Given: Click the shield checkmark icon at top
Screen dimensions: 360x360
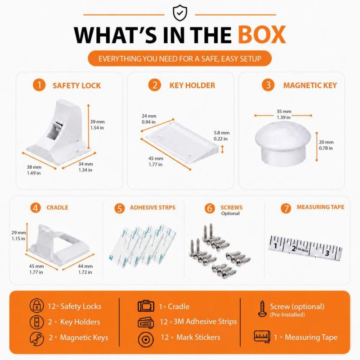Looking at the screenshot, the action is (x=180, y=13).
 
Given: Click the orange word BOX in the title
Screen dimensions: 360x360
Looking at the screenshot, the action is (x=262, y=35).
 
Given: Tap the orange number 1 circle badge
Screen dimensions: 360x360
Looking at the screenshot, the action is (x=39, y=85).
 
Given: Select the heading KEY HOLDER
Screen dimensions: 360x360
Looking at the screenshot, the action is (x=192, y=85).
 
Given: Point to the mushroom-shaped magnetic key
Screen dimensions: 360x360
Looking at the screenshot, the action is (x=283, y=142).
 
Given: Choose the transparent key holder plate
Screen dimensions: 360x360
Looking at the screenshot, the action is (x=181, y=142).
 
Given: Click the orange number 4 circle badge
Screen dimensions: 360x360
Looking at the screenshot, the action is (x=36, y=207).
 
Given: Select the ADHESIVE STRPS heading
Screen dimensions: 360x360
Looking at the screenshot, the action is (x=153, y=207).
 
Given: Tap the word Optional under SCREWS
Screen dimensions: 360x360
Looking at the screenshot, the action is (x=230, y=213).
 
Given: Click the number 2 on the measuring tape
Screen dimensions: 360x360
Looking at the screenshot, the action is (x=294, y=248).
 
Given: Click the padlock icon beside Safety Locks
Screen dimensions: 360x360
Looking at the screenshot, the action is (x=37, y=306).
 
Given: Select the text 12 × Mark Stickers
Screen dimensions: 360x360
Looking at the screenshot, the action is (x=190, y=337).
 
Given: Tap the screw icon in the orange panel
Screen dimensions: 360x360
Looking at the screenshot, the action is (x=262, y=309).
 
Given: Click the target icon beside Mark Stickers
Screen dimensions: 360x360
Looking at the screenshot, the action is (x=146, y=339).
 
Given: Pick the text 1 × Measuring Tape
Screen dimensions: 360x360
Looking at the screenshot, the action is (x=306, y=337).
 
